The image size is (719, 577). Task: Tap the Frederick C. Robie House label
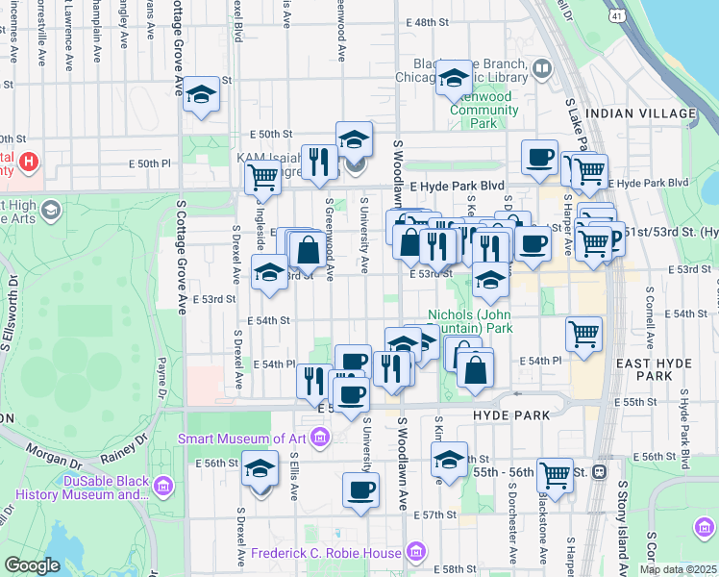[326, 553]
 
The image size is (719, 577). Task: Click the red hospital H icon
[29, 161]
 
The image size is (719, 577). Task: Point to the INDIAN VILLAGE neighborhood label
[642, 113]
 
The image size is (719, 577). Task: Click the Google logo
[32, 565]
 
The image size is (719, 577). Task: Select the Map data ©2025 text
[678, 569]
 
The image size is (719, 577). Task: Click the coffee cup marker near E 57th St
[360, 490]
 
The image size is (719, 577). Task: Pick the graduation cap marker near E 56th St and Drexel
[260, 468]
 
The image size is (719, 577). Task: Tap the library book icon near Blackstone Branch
[542, 68]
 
